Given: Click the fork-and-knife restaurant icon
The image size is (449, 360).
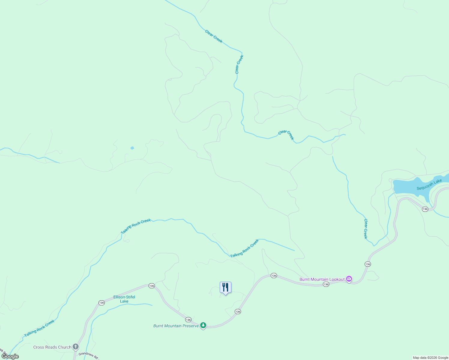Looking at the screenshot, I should point(225,287).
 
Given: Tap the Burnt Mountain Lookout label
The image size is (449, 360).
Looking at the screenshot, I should point(322,279).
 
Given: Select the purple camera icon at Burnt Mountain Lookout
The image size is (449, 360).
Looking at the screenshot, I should point(349,279).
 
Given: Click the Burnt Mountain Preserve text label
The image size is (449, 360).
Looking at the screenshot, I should point(176,326).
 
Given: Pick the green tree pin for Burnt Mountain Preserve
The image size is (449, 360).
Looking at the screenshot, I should point(203,325).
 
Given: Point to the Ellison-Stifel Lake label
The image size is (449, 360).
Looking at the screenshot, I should point(124,299).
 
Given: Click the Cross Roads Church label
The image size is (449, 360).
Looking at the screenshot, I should point(52,347).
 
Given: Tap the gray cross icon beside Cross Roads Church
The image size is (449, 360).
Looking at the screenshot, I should point(76,347).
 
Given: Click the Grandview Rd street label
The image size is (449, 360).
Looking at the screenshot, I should point(88,355).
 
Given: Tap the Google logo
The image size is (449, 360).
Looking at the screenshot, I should point(10,356).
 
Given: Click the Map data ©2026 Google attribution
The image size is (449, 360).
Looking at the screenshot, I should point(430,358).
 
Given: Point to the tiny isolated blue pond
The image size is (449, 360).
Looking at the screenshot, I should point(132,148).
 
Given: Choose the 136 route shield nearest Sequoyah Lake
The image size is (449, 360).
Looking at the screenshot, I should point(425,209).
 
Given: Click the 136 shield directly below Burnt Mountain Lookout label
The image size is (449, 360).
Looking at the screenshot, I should point(326,284).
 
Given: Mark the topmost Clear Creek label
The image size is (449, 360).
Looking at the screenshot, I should point(214,36).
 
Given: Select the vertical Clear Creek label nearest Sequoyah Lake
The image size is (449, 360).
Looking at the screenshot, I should point(366,229).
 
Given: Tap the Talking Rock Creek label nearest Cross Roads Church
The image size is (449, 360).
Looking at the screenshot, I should point(39,328).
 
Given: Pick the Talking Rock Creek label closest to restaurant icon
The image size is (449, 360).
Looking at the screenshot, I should point(244,248).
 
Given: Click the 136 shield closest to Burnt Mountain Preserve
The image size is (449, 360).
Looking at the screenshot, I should point(188,320).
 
